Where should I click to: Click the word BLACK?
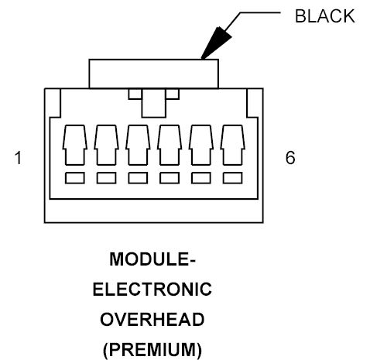324,16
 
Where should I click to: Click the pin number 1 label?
18,158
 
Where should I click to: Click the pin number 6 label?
290,157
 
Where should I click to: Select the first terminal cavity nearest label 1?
75,145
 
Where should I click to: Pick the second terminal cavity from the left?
106,145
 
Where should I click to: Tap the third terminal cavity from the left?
138,145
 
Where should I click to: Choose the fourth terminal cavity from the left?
170,145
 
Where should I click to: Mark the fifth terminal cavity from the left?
201,145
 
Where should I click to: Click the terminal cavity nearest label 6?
233,145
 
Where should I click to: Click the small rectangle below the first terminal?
75,178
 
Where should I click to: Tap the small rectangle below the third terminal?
138,178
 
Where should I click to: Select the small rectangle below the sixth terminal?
233,178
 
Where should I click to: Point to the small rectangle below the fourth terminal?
170,178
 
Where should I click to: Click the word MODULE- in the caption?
152,259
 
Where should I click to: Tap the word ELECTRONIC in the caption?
152,290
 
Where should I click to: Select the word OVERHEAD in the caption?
152,320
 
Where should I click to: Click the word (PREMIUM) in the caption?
152,350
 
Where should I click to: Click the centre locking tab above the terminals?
154,103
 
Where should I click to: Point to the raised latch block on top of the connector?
154,74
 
